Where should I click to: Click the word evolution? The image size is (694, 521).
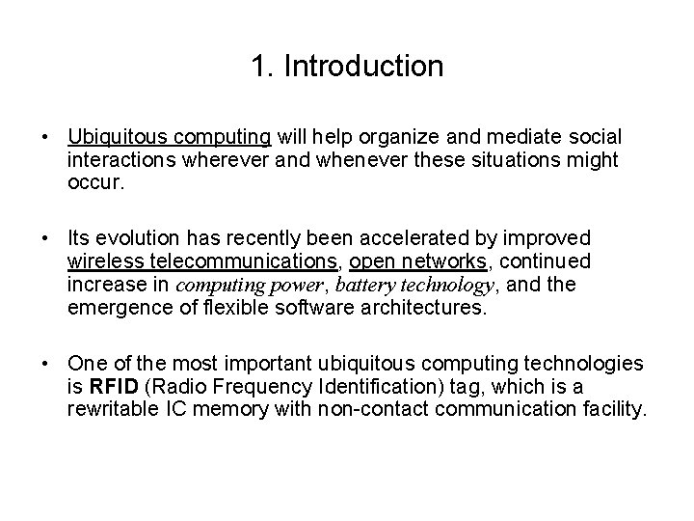coord(129,238)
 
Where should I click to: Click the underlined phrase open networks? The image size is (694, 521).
coord(417,260)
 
